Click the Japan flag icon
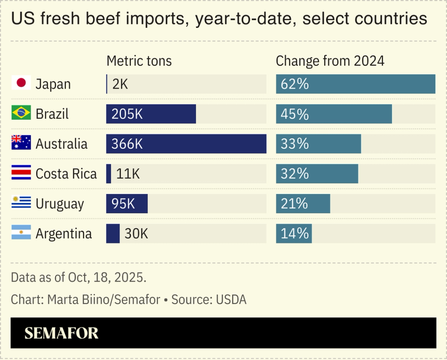[x=21, y=83]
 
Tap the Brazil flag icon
[x=21, y=113]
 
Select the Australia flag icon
[x=21, y=143]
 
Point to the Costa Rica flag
[x=21, y=173]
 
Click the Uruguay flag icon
[x=21, y=202]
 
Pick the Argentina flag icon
[x=21, y=232]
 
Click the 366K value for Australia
[x=127, y=144]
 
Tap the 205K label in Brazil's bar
[x=127, y=114]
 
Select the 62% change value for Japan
[x=295, y=84]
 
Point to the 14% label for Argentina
[x=295, y=234]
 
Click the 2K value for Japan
[x=120, y=84]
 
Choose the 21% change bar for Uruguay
[x=303, y=204]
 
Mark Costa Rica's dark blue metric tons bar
[x=109, y=174]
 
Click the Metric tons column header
[x=139, y=61]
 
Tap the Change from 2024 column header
[x=330, y=61]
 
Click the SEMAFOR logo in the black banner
[x=61, y=333]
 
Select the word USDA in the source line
[x=231, y=299]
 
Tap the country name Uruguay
[x=60, y=204]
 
